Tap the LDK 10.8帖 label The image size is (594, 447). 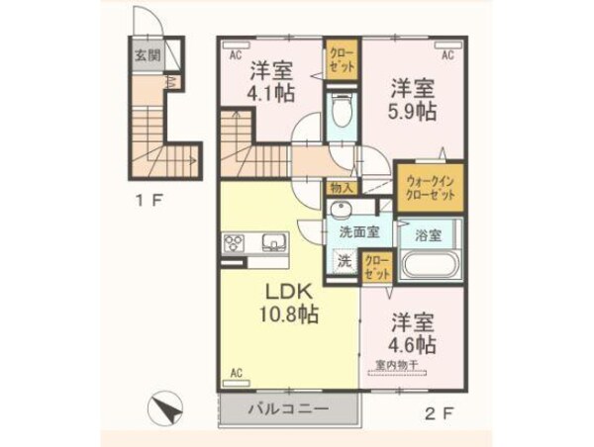289,304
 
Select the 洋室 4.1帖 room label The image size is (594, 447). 270,82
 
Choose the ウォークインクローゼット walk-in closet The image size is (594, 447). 429,188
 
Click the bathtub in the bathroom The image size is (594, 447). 428,265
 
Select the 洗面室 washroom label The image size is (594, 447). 358,233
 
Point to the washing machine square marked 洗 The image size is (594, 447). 343,262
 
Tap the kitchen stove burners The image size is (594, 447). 236,243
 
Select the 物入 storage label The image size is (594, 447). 339,186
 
